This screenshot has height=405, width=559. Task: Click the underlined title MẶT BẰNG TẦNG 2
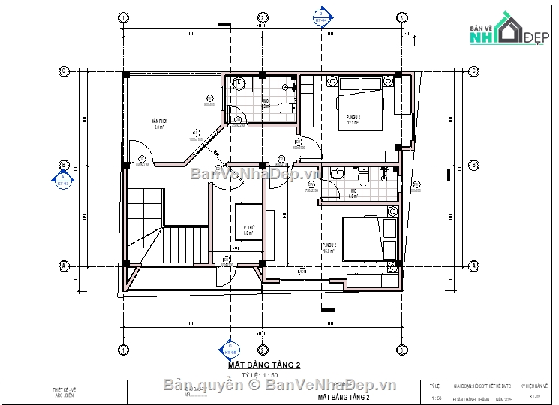click(260, 364)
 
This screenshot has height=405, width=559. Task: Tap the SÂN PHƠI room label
click(158, 124)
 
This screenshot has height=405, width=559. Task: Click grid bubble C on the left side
click(65, 71)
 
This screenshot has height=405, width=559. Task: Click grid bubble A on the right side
click(473, 265)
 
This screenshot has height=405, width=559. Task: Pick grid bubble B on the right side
click(473, 165)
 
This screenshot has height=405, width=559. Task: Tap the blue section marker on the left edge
click(63, 180)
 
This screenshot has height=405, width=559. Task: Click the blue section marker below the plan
click(229, 350)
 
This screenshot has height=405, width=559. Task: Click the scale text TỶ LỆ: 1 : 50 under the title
click(260, 374)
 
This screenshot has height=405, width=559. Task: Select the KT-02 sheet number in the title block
click(534, 397)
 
